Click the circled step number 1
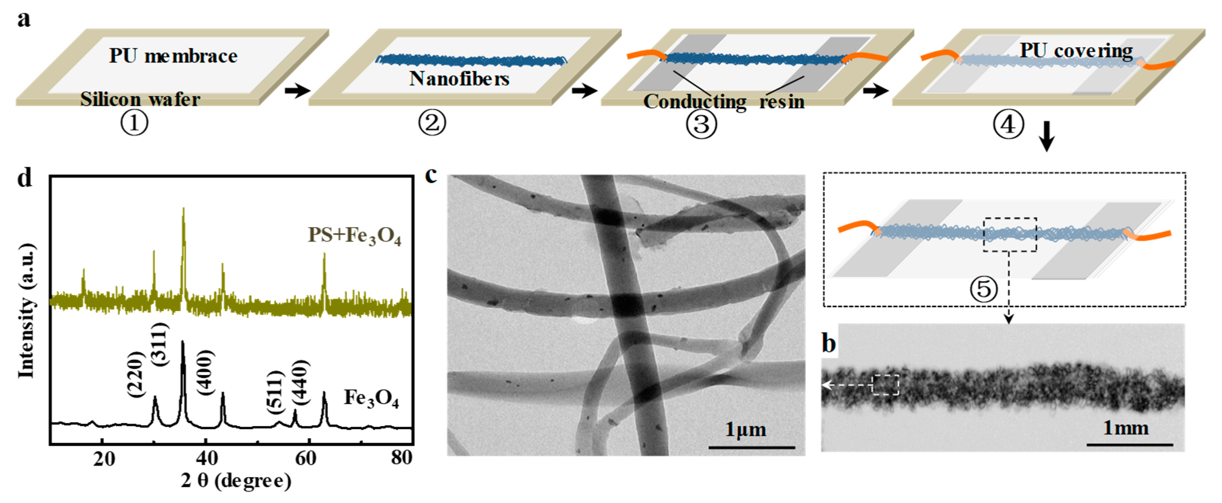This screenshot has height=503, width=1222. (x=134, y=123)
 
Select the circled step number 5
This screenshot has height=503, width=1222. (x=984, y=289)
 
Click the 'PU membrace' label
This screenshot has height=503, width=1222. (x=173, y=56)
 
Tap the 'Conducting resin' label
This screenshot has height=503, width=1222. (x=723, y=101)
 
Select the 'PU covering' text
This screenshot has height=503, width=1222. (x=1076, y=50)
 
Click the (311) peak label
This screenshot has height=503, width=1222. (x=160, y=344)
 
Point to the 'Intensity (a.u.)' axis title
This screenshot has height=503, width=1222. (x=27, y=311)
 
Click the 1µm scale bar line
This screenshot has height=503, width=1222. (x=752, y=447)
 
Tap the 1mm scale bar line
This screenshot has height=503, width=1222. (x=1129, y=445)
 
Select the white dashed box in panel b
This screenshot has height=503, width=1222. (x=886, y=384)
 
